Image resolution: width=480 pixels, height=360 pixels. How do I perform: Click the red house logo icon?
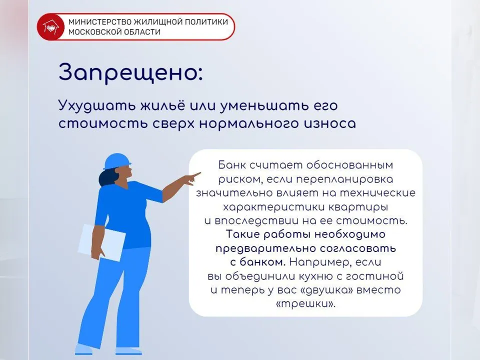50,26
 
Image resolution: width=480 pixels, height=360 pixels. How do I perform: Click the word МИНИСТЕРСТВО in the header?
98,22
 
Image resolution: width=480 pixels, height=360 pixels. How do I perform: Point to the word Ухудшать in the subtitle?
90,106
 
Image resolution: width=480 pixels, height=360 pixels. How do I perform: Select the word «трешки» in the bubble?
305,303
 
